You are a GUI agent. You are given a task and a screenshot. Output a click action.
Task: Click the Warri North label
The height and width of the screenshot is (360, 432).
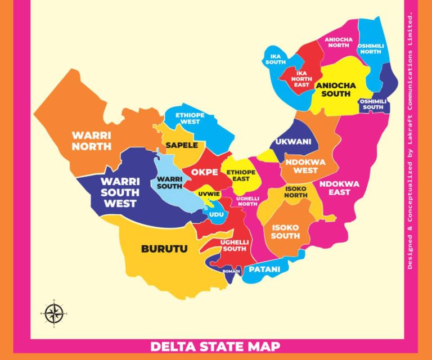pos(91,141)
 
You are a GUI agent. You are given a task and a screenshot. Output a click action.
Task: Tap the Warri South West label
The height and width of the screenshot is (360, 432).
pos(119,192)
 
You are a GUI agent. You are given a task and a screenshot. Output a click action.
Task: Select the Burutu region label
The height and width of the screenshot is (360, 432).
pos(164,248)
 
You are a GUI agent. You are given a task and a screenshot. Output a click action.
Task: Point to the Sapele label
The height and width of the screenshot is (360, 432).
pos(181,145)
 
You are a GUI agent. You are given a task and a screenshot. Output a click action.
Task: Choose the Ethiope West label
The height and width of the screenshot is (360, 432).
pos(190,118)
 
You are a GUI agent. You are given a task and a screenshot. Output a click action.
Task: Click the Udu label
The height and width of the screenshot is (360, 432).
pos(216,214)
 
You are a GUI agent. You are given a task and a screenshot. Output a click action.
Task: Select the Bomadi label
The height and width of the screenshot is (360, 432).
pos(232,271)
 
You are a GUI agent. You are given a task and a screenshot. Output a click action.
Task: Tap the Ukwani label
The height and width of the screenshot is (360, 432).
pos(293,142)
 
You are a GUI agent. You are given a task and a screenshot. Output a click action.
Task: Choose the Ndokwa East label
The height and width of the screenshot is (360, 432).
pos(340,188)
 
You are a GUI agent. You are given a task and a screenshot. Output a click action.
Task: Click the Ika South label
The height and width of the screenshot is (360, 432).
pos(275,59)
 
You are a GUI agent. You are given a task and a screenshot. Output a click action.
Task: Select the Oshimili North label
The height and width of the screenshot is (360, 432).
pos(371,48)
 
